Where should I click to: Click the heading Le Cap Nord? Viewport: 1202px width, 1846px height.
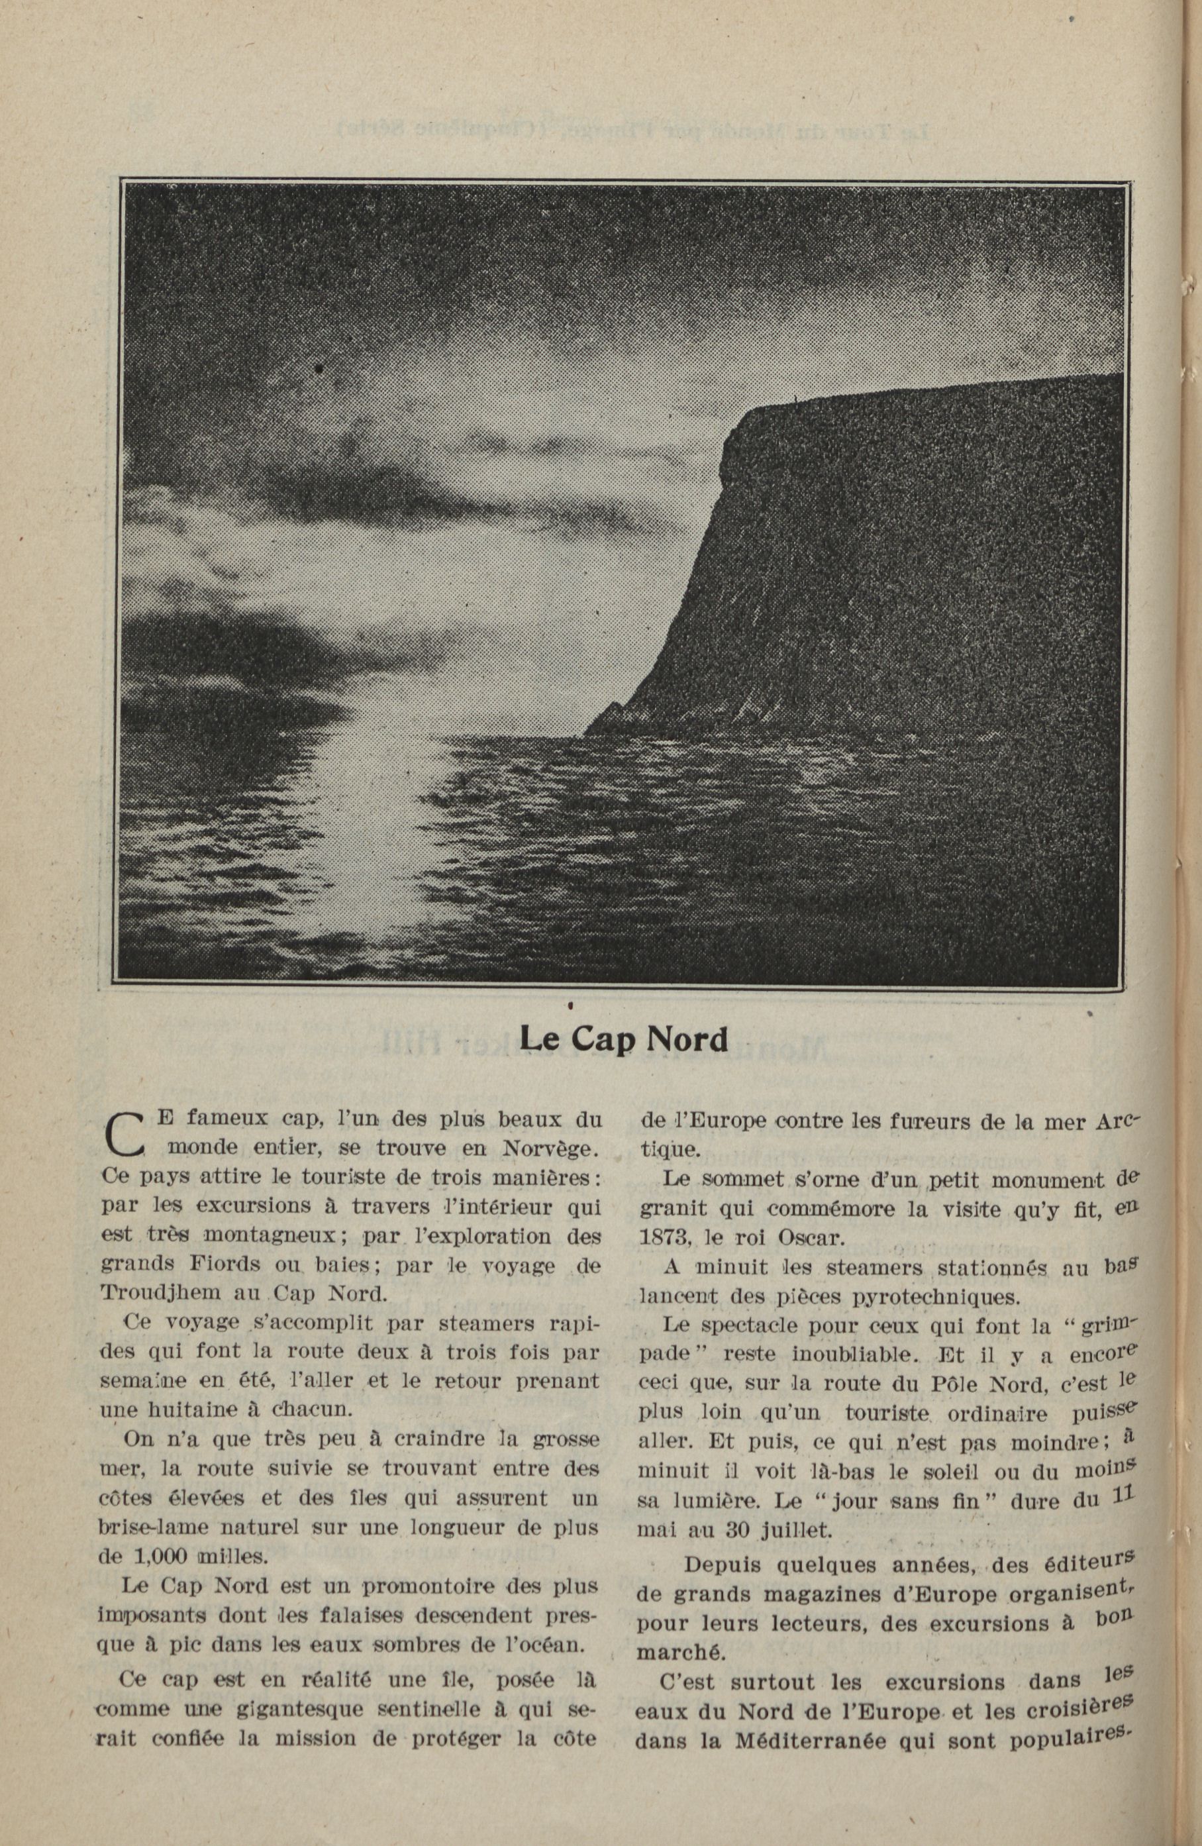(x=623, y=1039)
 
